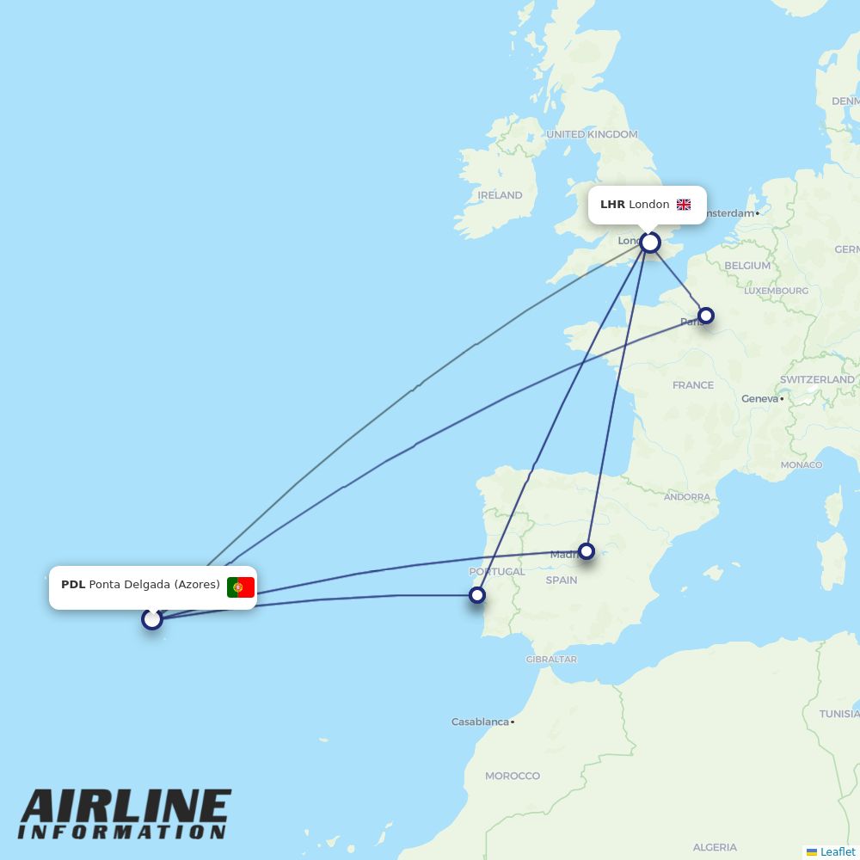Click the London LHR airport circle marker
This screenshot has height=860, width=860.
pyautogui.click(x=650, y=243)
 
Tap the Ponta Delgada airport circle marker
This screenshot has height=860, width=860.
pyautogui.click(x=152, y=618)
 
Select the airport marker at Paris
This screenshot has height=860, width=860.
pyautogui.click(x=705, y=316)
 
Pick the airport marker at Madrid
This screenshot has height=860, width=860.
pyautogui.click(x=587, y=551)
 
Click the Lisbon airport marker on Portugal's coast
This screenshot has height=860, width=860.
pyautogui.click(x=477, y=594)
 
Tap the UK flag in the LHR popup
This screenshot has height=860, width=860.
pyautogui.click(x=684, y=205)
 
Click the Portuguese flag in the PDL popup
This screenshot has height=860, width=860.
pyautogui.click(x=240, y=587)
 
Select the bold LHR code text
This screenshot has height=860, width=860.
pyautogui.click(x=612, y=205)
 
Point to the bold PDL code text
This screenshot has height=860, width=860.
pyautogui.click(x=73, y=585)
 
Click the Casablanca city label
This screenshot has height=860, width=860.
pyautogui.click(x=480, y=722)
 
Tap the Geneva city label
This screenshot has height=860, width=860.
pyautogui.click(x=759, y=398)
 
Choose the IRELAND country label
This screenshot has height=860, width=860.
pyautogui.click(x=500, y=195)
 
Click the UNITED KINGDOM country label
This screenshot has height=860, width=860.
pyautogui.click(x=592, y=134)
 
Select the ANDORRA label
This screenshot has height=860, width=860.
pyautogui.click(x=687, y=497)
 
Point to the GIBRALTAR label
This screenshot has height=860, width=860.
pyautogui.click(x=551, y=660)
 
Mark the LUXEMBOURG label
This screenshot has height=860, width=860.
pyautogui.click(x=776, y=291)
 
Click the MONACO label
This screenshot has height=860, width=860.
pyautogui.click(x=802, y=465)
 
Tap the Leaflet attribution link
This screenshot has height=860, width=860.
pyautogui.click(x=837, y=851)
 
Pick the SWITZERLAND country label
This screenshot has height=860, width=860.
pyautogui.click(x=817, y=379)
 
